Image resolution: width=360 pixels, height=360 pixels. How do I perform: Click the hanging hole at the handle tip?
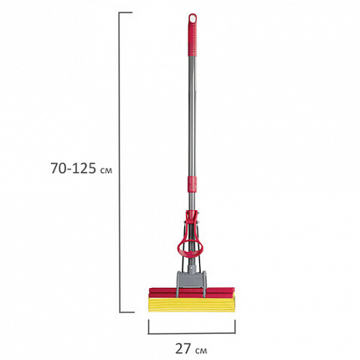click(193, 18)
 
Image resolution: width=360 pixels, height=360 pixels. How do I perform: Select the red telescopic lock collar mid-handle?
click(192, 184)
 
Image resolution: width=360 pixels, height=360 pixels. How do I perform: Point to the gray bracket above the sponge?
click(191, 280)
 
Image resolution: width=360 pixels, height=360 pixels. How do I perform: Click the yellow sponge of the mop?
click(192, 305)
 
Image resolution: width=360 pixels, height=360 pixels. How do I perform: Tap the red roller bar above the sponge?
click(192, 292)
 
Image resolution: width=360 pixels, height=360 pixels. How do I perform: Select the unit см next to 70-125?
click(106, 170)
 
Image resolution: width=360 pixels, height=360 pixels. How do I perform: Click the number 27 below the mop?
click(183, 348)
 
